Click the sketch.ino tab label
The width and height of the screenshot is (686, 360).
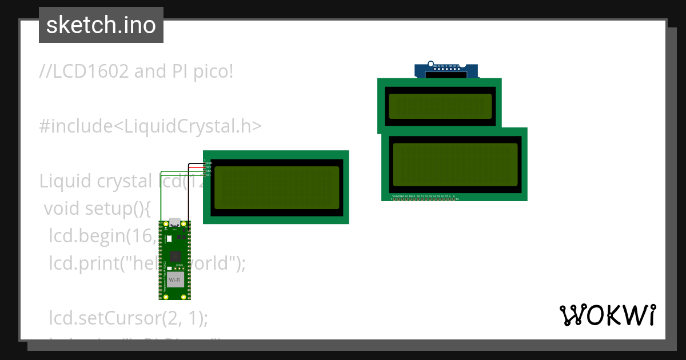click(101, 25)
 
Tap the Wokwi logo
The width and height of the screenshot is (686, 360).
click(607, 315)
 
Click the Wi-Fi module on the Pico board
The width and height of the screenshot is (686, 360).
click(175, 280)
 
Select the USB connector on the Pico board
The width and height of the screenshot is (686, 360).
click(174, 222)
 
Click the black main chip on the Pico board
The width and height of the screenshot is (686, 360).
click(175, 256)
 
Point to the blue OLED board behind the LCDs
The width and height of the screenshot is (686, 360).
click(446, 70)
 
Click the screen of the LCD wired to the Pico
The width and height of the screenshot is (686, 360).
click(276, 187)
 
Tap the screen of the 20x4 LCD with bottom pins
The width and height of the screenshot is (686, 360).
click(454, 165)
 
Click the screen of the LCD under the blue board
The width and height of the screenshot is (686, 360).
click(440, 106)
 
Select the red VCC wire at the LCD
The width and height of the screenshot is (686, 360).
click(196, 166)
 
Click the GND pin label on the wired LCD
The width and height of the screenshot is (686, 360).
click(208, 163)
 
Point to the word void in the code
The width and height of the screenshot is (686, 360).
click(61, 209)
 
